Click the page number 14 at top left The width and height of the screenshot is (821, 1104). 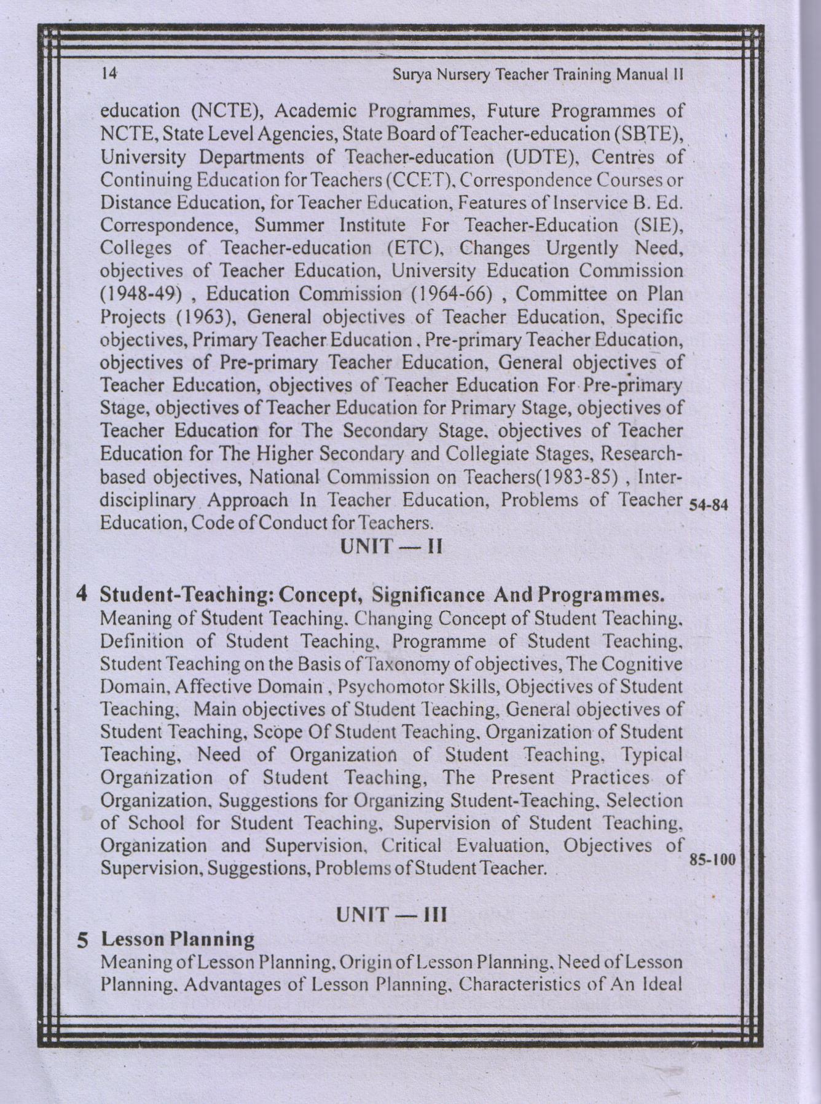(x=109, y=74)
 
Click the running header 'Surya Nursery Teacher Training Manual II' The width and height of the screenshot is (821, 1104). (x=538, y=75)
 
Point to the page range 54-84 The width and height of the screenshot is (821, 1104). (x=709, y=506)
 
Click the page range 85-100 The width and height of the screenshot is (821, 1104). (x=712, y=859)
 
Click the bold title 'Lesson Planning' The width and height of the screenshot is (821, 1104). (x=178, y=939)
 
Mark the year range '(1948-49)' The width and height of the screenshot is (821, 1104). (x=141, y=294)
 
